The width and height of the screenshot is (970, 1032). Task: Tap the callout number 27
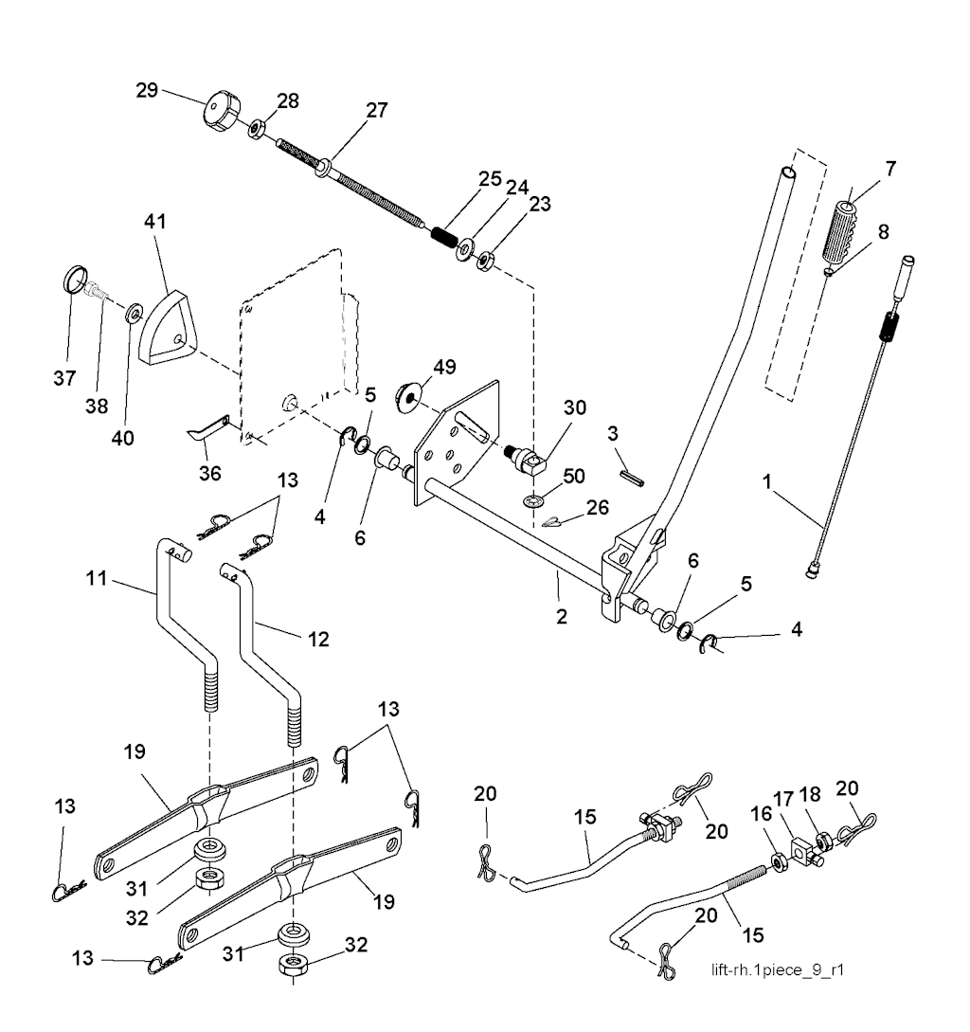point(377,110)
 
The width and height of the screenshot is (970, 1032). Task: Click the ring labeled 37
point(75,281)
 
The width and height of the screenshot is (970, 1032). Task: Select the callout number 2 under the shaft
point(562,617)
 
